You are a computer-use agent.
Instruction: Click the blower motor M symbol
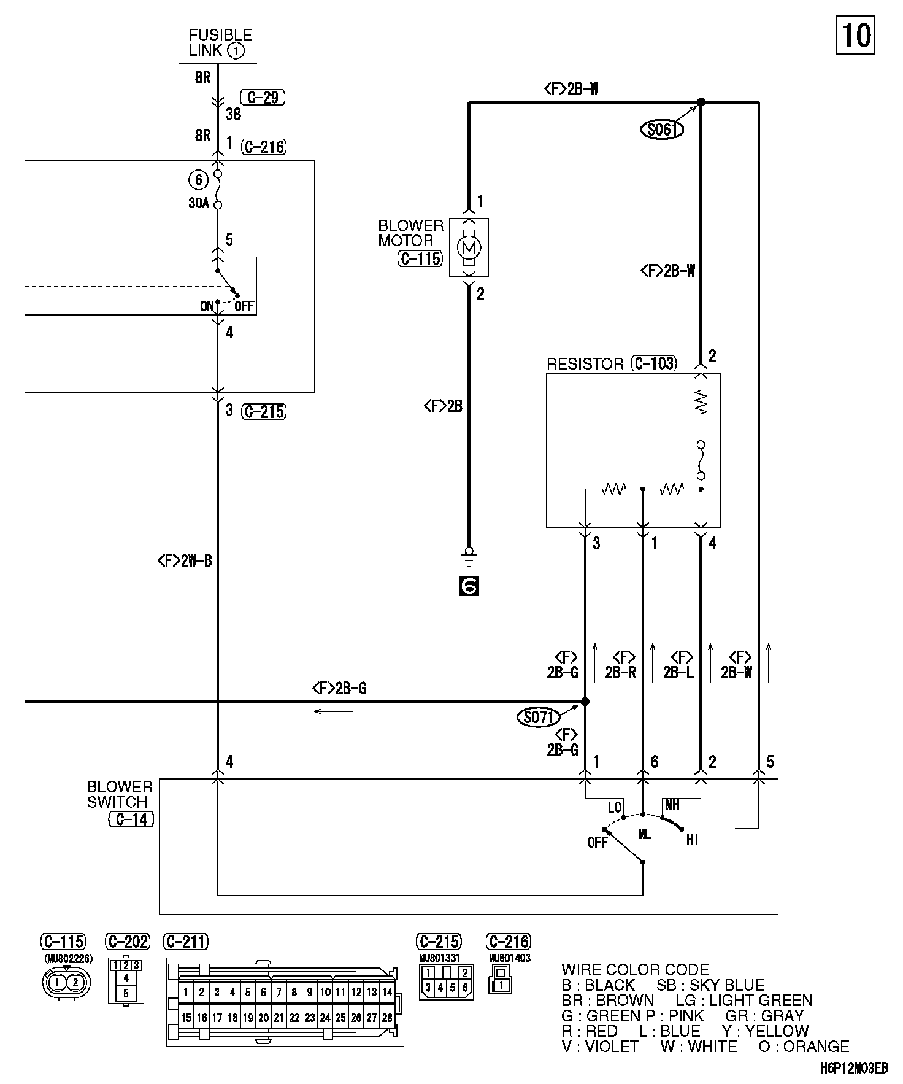pos(469,247)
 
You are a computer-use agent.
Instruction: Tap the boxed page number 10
pos(855,36)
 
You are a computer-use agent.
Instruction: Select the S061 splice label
pos(662,130)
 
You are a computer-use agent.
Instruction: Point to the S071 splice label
pos(539,718)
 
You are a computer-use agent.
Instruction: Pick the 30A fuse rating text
pos(199,203)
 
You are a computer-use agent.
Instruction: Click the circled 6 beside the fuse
pos(198,180)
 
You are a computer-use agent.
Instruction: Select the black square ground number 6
pos(469,587)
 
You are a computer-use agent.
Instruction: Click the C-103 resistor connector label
pos(653,364)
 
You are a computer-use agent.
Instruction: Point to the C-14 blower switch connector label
pos(131,819)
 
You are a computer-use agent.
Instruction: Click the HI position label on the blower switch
pos(692,840)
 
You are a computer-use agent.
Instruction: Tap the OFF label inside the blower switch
pos(597,843)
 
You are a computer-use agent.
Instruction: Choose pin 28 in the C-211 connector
pos(387,1017)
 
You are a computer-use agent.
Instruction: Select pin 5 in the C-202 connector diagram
pos(126,993)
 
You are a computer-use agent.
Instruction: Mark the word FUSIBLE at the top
pos(220,35)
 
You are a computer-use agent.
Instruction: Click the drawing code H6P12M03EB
pos(853,1069)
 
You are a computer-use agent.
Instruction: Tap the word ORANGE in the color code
pos(816,1047)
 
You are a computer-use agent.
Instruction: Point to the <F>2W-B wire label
pos(185,560)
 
